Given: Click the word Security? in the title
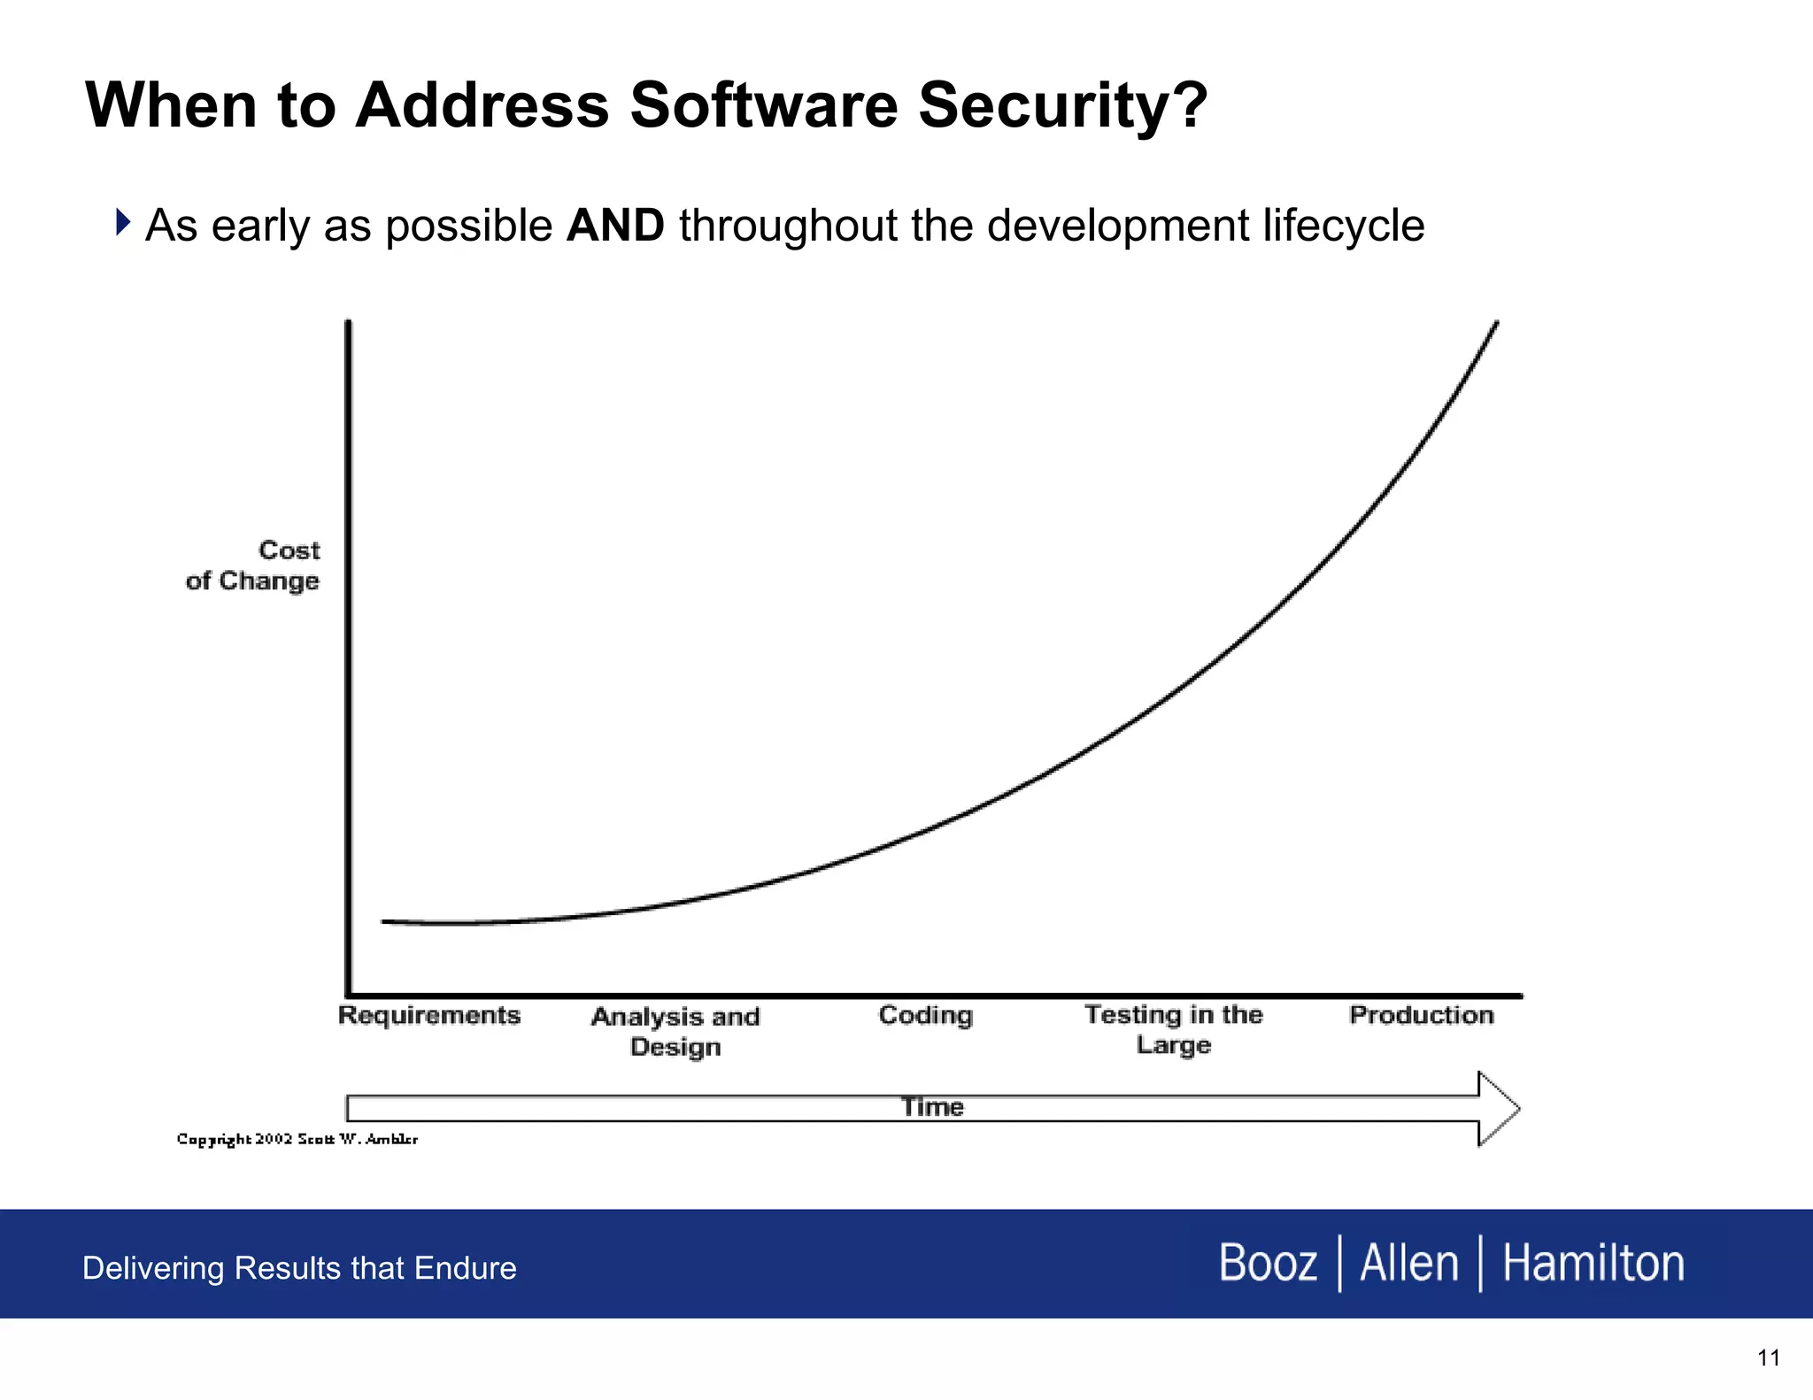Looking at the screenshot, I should point(1062,106).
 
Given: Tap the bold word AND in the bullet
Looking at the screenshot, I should point(615,225).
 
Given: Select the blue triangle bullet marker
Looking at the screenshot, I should point(123,222).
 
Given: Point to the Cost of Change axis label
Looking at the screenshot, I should point(255,565).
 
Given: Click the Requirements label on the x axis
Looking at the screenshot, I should point(429,1015).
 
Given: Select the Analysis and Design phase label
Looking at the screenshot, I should point(675,1031).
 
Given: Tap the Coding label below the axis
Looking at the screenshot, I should point(925,1015).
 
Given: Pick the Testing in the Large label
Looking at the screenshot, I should point(1173,1029).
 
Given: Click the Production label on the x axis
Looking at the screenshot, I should point(1421,1015).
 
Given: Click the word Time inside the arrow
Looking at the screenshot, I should point(932,1107).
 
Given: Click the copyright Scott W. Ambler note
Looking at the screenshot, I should point(297,1139).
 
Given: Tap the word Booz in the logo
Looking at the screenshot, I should point(1268,1263).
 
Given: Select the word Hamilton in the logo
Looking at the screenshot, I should point(1593,1263).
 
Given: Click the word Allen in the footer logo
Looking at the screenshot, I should point(1408,1263).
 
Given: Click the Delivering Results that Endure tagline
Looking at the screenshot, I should point(299,1268).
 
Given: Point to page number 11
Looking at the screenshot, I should point(1768,1358).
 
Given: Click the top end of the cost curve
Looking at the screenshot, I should point(1495,325).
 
